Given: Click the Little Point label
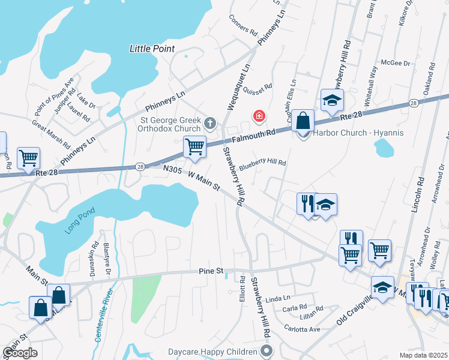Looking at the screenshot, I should [x=152, y=49].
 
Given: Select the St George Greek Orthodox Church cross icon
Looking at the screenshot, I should [x=209, y=124].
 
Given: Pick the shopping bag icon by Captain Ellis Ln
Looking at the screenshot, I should [x=304, y=120].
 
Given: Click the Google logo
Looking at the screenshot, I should [x=20, y=353].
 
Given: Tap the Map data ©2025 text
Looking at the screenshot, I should [x=423, y=355].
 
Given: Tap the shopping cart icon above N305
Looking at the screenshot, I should [x=194, y=146].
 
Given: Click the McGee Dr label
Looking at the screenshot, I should [x=394, y=62].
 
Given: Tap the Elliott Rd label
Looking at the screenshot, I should [x=243, y=287].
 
